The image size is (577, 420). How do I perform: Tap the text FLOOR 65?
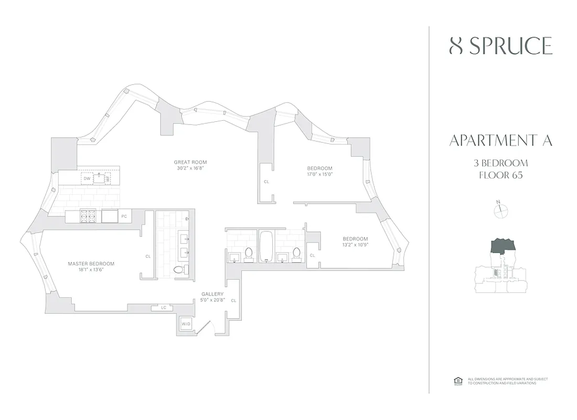(500, 175)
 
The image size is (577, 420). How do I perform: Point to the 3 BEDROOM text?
(500, 163)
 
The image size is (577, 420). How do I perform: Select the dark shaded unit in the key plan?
(503, 245)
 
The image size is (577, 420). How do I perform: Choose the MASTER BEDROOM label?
(91, 264)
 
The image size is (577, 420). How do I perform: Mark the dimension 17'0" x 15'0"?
(320, 174)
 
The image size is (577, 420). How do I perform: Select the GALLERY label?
(212, 294)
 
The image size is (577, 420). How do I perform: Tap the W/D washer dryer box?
(186, 324)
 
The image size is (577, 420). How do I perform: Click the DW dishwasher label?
(87, 178)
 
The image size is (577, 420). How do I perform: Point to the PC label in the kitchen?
(124, 216)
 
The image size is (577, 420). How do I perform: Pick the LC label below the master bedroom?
(163, 308)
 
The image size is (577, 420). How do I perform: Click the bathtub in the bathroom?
(266, 246)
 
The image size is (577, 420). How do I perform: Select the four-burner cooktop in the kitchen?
(87, 216)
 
